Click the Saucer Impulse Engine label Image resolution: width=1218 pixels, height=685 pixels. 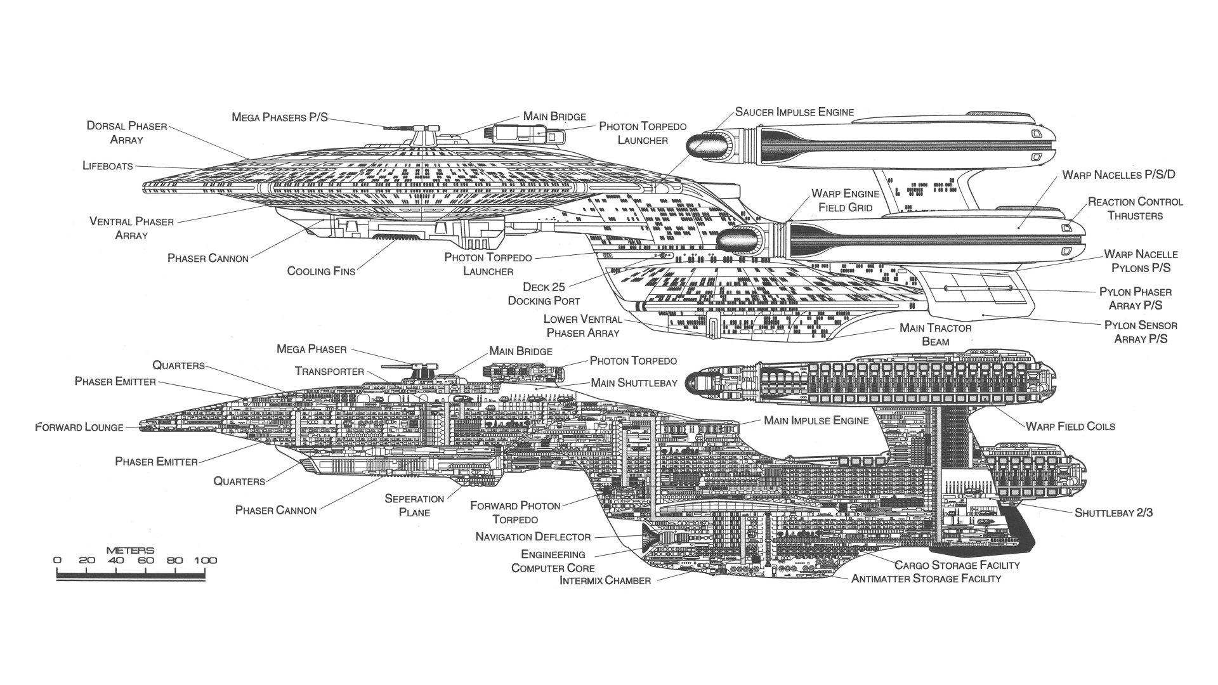coord(794,112)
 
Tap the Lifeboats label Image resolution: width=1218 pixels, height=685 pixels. coord(108,166)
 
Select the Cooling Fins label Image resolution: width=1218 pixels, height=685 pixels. coord(321,271)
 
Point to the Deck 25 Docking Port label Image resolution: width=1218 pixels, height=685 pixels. coord(544,294)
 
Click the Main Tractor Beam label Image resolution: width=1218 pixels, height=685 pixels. coord(935,335)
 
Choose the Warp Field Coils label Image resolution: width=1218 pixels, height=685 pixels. coord(1070,426)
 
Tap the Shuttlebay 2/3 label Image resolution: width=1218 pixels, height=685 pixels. coord(1113,512)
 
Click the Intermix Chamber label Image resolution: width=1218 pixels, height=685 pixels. coord(605,581)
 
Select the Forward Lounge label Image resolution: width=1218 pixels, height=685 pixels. coord(79,427)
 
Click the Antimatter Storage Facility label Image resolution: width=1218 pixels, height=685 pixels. coord(926,578)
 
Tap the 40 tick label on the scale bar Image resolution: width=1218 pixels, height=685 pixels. coord(115,561)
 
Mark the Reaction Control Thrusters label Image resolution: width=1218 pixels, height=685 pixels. coord(1135,209)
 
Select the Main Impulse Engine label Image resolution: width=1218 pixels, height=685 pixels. coord(816,421)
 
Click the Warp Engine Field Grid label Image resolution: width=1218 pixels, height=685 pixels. coord(845,200)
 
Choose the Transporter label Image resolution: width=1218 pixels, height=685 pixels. coord(329,372)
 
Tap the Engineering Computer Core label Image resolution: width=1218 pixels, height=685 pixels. coord(553,561)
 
